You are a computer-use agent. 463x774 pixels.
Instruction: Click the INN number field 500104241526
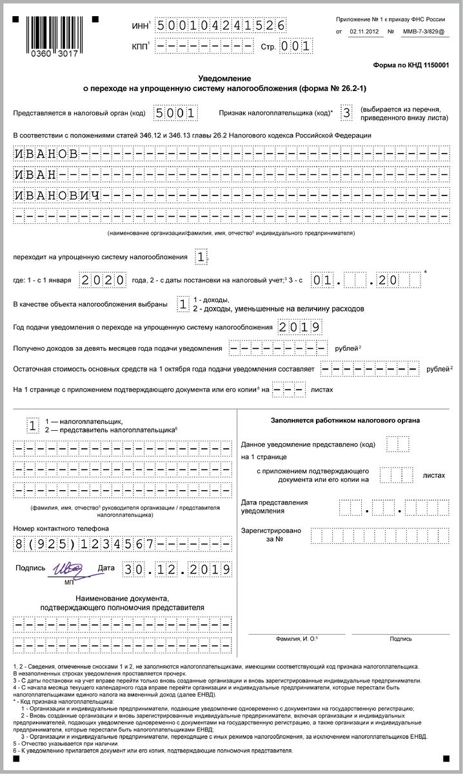coord(221,25)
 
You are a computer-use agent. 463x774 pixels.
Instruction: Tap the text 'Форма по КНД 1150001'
coord(411,66)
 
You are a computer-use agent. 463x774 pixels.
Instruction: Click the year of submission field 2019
coord(300,328)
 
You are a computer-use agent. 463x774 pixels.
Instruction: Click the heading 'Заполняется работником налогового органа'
coord(345,421)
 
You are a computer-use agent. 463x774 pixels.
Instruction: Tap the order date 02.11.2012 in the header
coord(365,31)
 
